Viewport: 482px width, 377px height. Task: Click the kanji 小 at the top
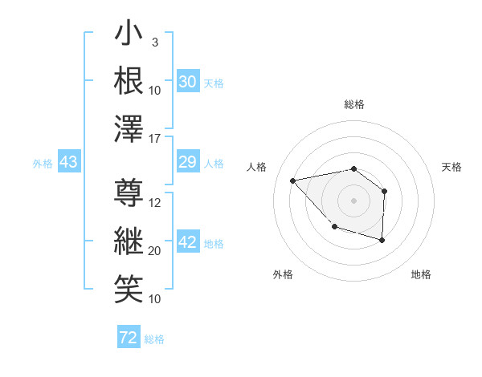coord(129,35)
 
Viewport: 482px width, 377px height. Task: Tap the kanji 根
coord(129,81)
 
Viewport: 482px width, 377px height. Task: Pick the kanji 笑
coord(129,288)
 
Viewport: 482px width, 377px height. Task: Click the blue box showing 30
coord(188,81)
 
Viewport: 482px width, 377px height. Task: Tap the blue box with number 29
coord(188,163)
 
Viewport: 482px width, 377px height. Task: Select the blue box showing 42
coord(188,242)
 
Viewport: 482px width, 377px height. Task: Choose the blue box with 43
coord(69,163)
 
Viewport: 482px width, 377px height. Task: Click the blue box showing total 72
coord(129,338)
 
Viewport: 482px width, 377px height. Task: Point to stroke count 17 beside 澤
coord(156,140)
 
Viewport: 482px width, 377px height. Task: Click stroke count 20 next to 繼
coord(156,251)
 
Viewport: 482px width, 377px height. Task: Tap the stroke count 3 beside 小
coord(154,42)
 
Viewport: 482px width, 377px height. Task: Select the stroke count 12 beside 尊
coord(156,203)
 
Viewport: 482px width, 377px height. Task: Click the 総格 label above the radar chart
coord(354,104)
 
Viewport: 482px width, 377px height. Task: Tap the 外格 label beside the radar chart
coord(283,274)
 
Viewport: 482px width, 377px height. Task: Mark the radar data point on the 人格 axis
coord(293,180)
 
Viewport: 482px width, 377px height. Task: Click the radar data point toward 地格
coord(382,240)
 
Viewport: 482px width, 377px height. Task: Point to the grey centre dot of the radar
coord(353,199)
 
